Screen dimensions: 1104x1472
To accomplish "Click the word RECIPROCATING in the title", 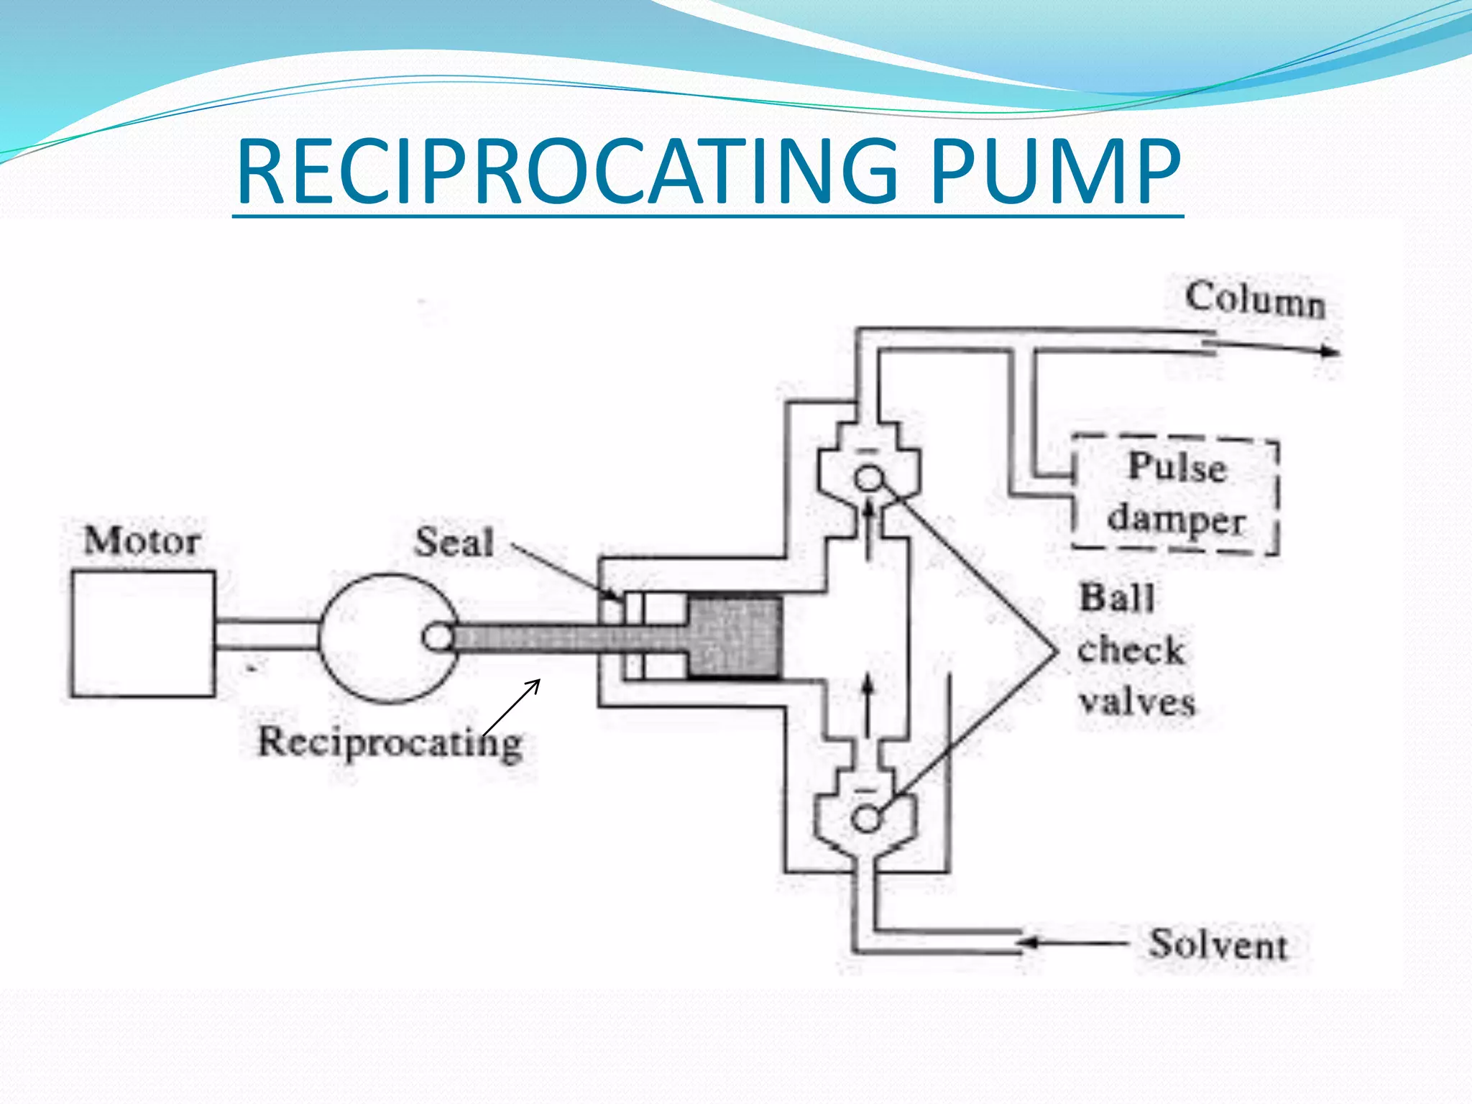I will point(568,172).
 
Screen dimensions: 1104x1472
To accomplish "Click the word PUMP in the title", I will point(1055,172).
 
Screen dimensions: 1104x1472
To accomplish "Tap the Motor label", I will point(142,540).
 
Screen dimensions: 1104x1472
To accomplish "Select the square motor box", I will point(142,634).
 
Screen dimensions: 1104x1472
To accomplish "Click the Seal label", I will point(454,542).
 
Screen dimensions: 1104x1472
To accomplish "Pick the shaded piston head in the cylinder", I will point(735,637).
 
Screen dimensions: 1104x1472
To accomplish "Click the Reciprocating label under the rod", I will point(390,742).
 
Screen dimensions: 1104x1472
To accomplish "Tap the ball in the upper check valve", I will point(869,478).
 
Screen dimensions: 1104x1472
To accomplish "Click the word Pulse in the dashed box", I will point(1177,466).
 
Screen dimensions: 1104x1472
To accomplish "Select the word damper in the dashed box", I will point(1176,519).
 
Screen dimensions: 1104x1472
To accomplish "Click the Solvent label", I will point(1218,944).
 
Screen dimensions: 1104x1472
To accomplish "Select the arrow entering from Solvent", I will point(1071,942).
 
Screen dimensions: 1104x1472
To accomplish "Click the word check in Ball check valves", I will point(1131,650).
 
